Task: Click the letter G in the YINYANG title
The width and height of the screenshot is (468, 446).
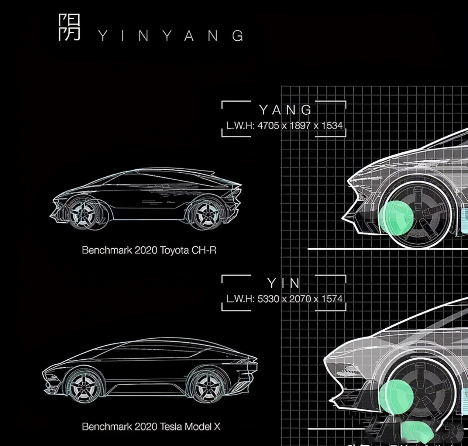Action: pyautogui.click(x=238, y=36)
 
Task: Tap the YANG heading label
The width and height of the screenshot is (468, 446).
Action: pyautogui.click(x=285, y=110)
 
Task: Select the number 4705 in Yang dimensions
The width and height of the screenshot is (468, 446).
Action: pyautogui.click(x=269, y=125)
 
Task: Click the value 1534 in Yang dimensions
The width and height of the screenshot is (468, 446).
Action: pyautogui.click(x=332, y=125)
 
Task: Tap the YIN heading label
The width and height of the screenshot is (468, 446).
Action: pyautogui.click(x=283, y=283)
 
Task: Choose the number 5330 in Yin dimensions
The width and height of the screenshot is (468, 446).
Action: pyautogui.click(x=268, y=298)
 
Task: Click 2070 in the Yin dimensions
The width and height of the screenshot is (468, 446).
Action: pyautogui.click(x=300, y=298)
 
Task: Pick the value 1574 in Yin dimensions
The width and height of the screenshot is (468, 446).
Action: pyautogui.click(x=332, y=298)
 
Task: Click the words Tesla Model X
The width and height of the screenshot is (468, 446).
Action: pyautogui.click(x=190, y=427)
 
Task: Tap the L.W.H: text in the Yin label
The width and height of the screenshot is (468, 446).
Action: pyautogui.click(x=240, y=298)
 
